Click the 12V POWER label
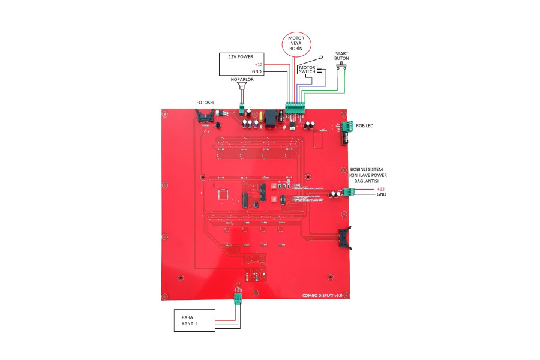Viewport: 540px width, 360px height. tap(241, 56)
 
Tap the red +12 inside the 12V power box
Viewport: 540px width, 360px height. tap(259, 64)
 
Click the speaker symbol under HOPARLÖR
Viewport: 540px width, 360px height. tap(242, 88)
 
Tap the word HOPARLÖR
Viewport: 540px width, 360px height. tap(242, 79)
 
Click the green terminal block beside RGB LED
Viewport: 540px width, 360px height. tap(346, 127)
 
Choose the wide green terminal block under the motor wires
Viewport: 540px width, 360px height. tap(295, 108)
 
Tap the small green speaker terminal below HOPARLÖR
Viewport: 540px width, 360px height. tap(242, 110)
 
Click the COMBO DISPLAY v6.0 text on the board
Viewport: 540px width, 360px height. tap(325, 295)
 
